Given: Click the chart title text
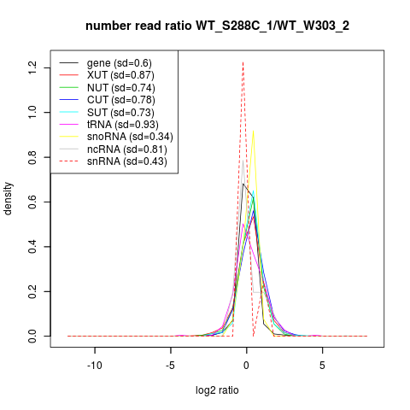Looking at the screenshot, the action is pos(217,26).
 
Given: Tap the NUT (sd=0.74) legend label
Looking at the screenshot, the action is pos(121,88).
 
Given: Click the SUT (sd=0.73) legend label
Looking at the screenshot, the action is pos(120,113).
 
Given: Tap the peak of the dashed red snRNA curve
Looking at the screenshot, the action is pos(243,62).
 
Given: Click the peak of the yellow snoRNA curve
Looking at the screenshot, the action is pos(253,131).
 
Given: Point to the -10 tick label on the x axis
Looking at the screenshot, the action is pos(95,366).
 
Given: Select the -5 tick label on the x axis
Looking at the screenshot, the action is pos(170,366).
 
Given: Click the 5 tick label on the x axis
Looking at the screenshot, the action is pos(322,366).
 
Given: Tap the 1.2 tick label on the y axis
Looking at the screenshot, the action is pos(32,67).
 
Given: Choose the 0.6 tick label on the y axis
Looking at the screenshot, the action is pos(32,202).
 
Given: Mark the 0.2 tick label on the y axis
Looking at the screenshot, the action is pos(32,291).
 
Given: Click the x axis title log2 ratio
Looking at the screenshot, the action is pos(217,390).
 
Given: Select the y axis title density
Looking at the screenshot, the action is pos(8,199).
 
